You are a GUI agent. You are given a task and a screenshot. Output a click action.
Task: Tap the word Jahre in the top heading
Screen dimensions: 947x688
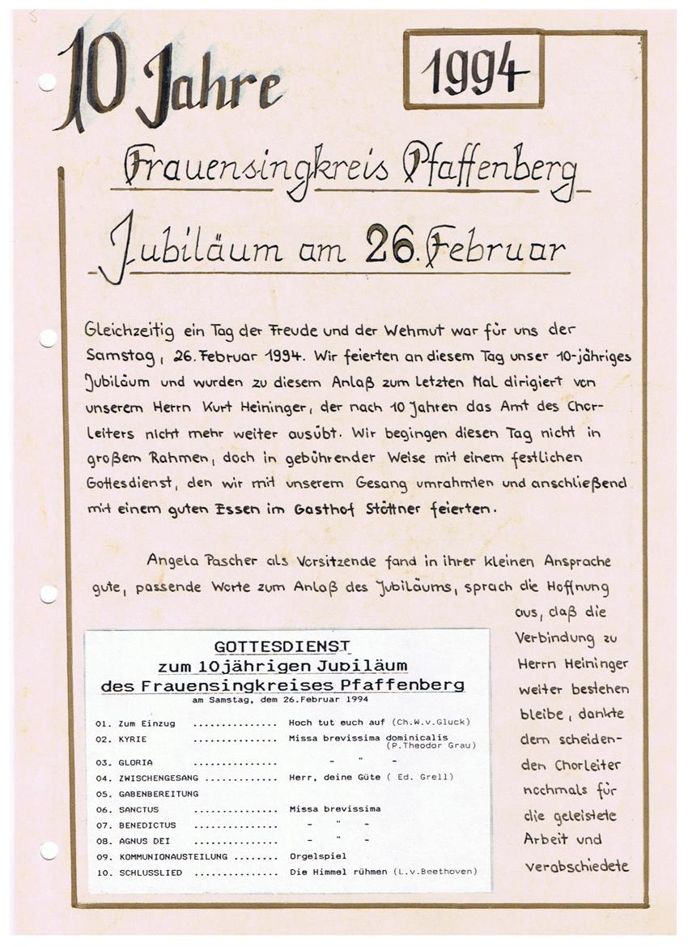tap(212, 87)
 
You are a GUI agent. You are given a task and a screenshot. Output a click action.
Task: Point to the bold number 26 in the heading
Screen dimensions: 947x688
tap(390, 245)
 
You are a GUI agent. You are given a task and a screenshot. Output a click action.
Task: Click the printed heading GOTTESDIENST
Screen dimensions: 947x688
tap(282, 646)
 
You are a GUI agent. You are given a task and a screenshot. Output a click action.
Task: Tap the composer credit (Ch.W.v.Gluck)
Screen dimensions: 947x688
tap(430, 722)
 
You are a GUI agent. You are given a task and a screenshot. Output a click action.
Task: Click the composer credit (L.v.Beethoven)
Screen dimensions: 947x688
tap(435, 872)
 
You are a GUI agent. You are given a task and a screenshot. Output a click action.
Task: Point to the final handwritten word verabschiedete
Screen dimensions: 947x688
tap(576, 866)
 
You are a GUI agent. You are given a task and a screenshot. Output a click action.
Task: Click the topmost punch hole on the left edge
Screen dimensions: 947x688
tap(47, 82)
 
